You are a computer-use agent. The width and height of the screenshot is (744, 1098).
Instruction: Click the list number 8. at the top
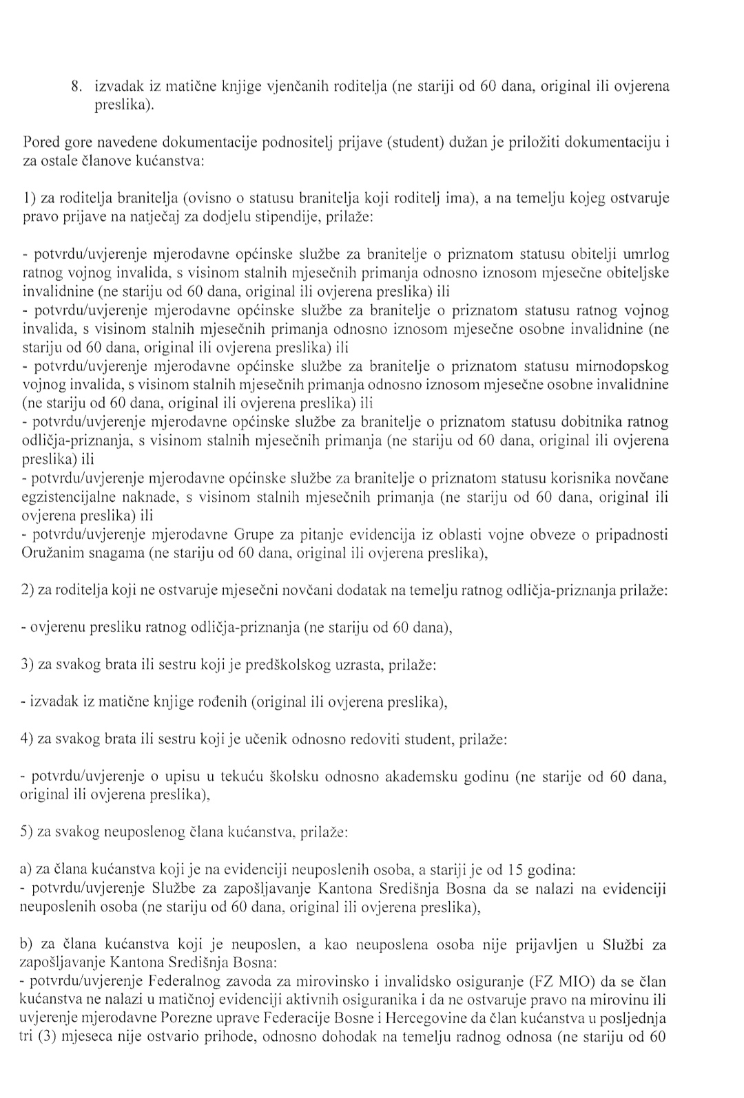coord(78,87)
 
